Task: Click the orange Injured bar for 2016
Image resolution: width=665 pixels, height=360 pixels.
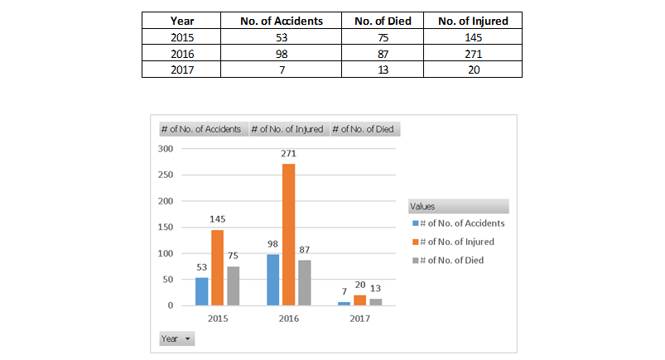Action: (x=288, y=234)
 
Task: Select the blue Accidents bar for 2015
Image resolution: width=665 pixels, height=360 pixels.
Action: (x=202, y=292)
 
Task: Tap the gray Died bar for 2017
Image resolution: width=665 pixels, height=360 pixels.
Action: (x=376, y=302)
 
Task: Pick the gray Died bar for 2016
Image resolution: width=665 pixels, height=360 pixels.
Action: (x=305, y=283)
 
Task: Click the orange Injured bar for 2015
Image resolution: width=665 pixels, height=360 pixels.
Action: (x=217, y=267)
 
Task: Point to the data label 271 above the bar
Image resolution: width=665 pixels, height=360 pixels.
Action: (x=288, y=153)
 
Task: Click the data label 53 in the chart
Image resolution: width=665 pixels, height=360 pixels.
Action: (x=202, y=267)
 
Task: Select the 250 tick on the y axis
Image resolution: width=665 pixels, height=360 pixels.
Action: (x=166, y=175)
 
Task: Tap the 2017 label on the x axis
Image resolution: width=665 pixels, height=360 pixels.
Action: (x=359, y=319)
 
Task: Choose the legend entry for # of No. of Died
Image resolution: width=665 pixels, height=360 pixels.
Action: (x=448, y=261)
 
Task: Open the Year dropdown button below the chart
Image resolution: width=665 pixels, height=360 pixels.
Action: (x=177, y=338)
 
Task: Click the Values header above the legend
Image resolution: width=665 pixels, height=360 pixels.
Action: (x=459, y=207)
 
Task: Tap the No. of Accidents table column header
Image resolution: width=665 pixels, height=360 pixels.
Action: (x=282, y=21)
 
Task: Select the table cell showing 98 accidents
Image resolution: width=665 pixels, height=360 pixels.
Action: (x=282, y=54)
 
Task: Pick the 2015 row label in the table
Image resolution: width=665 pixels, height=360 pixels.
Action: (x=181, y=37)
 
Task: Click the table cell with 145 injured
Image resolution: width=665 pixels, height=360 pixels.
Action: (x=473, y=37)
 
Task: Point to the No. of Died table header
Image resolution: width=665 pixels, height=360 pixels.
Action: (x=383, y=21)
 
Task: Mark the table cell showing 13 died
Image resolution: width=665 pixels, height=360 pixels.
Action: (x=383, y=70)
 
